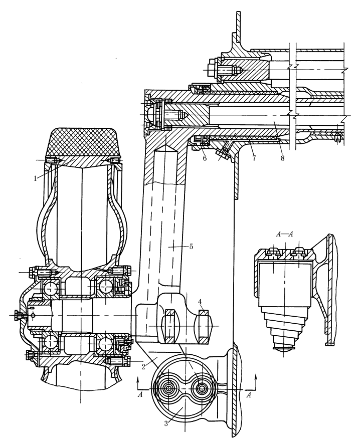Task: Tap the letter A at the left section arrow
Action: pyautogui.click(x=142, y=394)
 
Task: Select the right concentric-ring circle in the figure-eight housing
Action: pyautogui.click(x=202, y=389)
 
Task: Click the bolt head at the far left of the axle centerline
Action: pyautogui.click(x=18, y=316)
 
